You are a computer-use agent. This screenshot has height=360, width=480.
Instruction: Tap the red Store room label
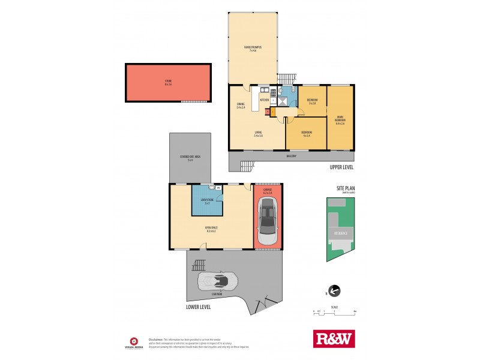pyautogui.click(x=168, y=83)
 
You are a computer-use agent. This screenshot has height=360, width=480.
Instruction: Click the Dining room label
pyautogui.click(x=241, y=106)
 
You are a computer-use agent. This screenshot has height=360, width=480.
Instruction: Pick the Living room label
pyautogui.click(x=259, y=134)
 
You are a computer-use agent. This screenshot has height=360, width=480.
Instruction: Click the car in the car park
pyautogui.click(x=217, y=280)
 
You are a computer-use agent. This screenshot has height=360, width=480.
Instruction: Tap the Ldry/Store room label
pyautogui.click(x=207, y=202)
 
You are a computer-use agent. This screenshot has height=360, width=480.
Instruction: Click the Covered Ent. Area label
pyautogui.click(x=190, y=158)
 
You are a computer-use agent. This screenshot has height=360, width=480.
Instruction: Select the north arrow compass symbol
pyautogui.click(x=334, y=292)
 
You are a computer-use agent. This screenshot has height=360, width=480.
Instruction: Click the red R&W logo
pyautogui.click(x=334, y=338)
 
